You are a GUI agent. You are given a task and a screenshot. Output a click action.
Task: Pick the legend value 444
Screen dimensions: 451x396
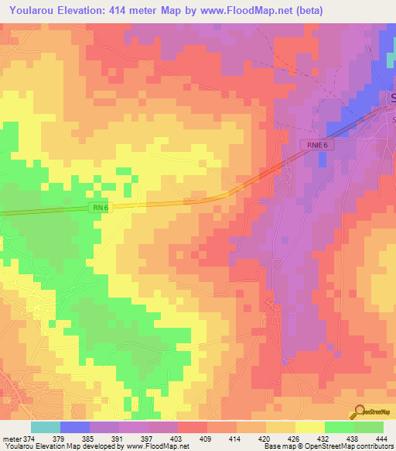pyautogui.click(x=380, y=439)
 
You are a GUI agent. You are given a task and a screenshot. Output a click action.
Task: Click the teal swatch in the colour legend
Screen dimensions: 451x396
pyautogui.click(x=46, y=427)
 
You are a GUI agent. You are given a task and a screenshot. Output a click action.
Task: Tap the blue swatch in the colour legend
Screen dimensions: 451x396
pyautogui.click(x=75, y=427)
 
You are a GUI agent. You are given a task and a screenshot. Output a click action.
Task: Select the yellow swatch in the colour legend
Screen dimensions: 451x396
pyautogui.click(x=310, y=427)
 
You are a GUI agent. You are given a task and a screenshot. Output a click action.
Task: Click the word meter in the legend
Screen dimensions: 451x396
pyautogui.click(x=11, y=439)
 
